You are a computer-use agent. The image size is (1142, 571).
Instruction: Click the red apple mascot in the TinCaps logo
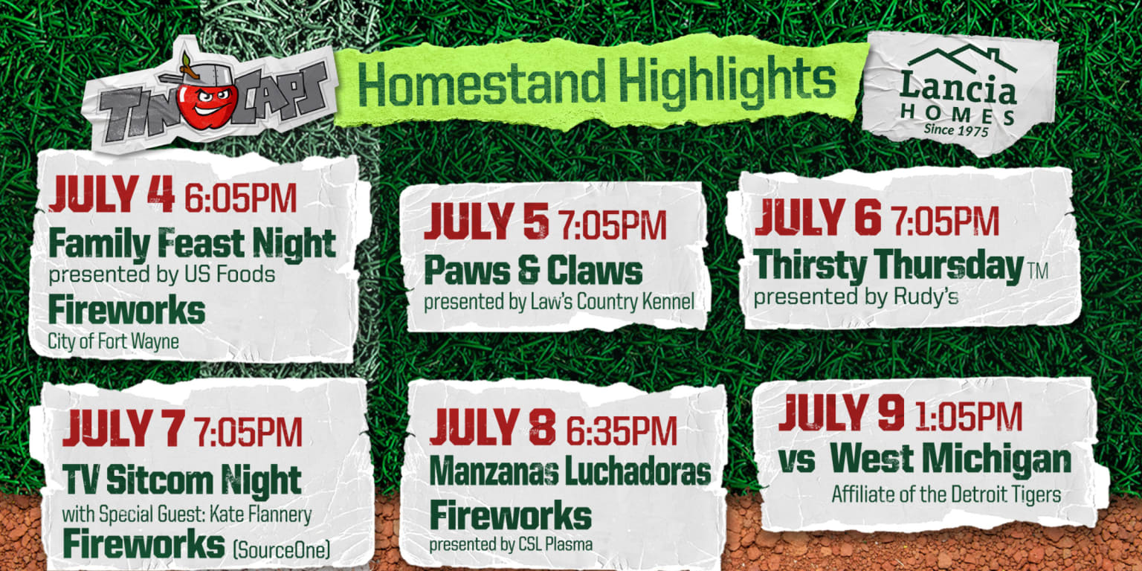tap(207, 100)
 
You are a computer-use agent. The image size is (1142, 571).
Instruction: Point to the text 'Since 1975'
tap(955, 129)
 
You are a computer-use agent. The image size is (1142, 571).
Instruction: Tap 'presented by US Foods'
tap(162, 274)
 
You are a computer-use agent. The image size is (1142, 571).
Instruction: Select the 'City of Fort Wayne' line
tap(114, 342)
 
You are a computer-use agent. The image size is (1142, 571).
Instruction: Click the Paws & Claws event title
tap(533, 271)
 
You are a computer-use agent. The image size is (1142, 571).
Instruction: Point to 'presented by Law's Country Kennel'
tap(559, 303)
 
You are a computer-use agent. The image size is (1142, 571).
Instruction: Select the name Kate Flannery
tap(267, 514)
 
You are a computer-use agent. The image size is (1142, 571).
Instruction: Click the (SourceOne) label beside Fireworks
tap(282, 549)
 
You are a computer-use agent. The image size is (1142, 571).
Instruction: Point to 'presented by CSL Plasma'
tap(511, 544)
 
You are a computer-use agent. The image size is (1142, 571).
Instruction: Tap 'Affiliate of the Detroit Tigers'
tap(946, 494)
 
